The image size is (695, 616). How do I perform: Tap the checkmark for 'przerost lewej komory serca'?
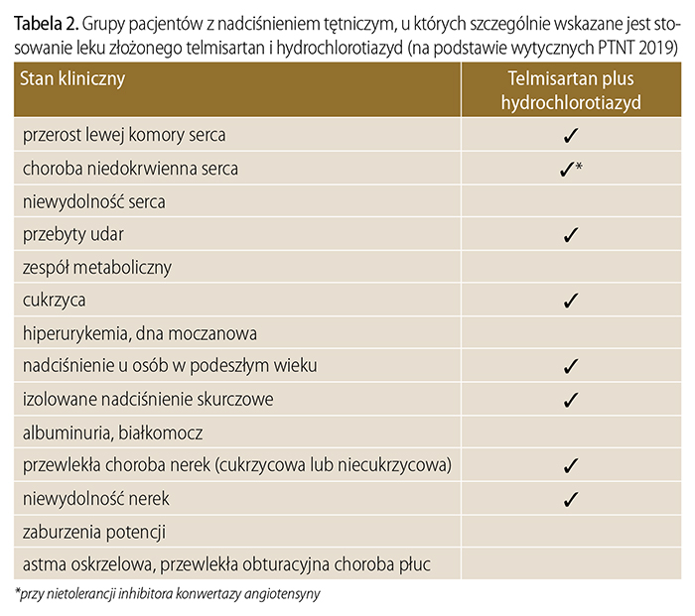[570, 136]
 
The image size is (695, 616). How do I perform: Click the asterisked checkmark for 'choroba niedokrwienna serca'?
[568, 170]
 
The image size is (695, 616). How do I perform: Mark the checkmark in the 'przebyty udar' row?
[570, 235]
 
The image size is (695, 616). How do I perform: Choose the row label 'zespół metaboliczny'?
[97, 268]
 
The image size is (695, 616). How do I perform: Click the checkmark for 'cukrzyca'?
[570, 301]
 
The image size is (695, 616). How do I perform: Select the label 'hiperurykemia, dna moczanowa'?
[140, 333]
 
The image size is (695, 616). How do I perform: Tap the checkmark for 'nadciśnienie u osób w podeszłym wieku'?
[570, 367]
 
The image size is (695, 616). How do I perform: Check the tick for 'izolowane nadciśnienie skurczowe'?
[570, 400]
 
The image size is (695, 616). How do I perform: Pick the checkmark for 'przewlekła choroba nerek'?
[570, 465]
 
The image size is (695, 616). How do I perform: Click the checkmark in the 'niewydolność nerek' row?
[570, 498]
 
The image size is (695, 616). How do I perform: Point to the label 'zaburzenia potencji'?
[94, 531]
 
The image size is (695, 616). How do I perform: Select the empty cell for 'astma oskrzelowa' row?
[570, 563]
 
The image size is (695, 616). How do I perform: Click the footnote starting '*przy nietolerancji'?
[168, 594]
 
